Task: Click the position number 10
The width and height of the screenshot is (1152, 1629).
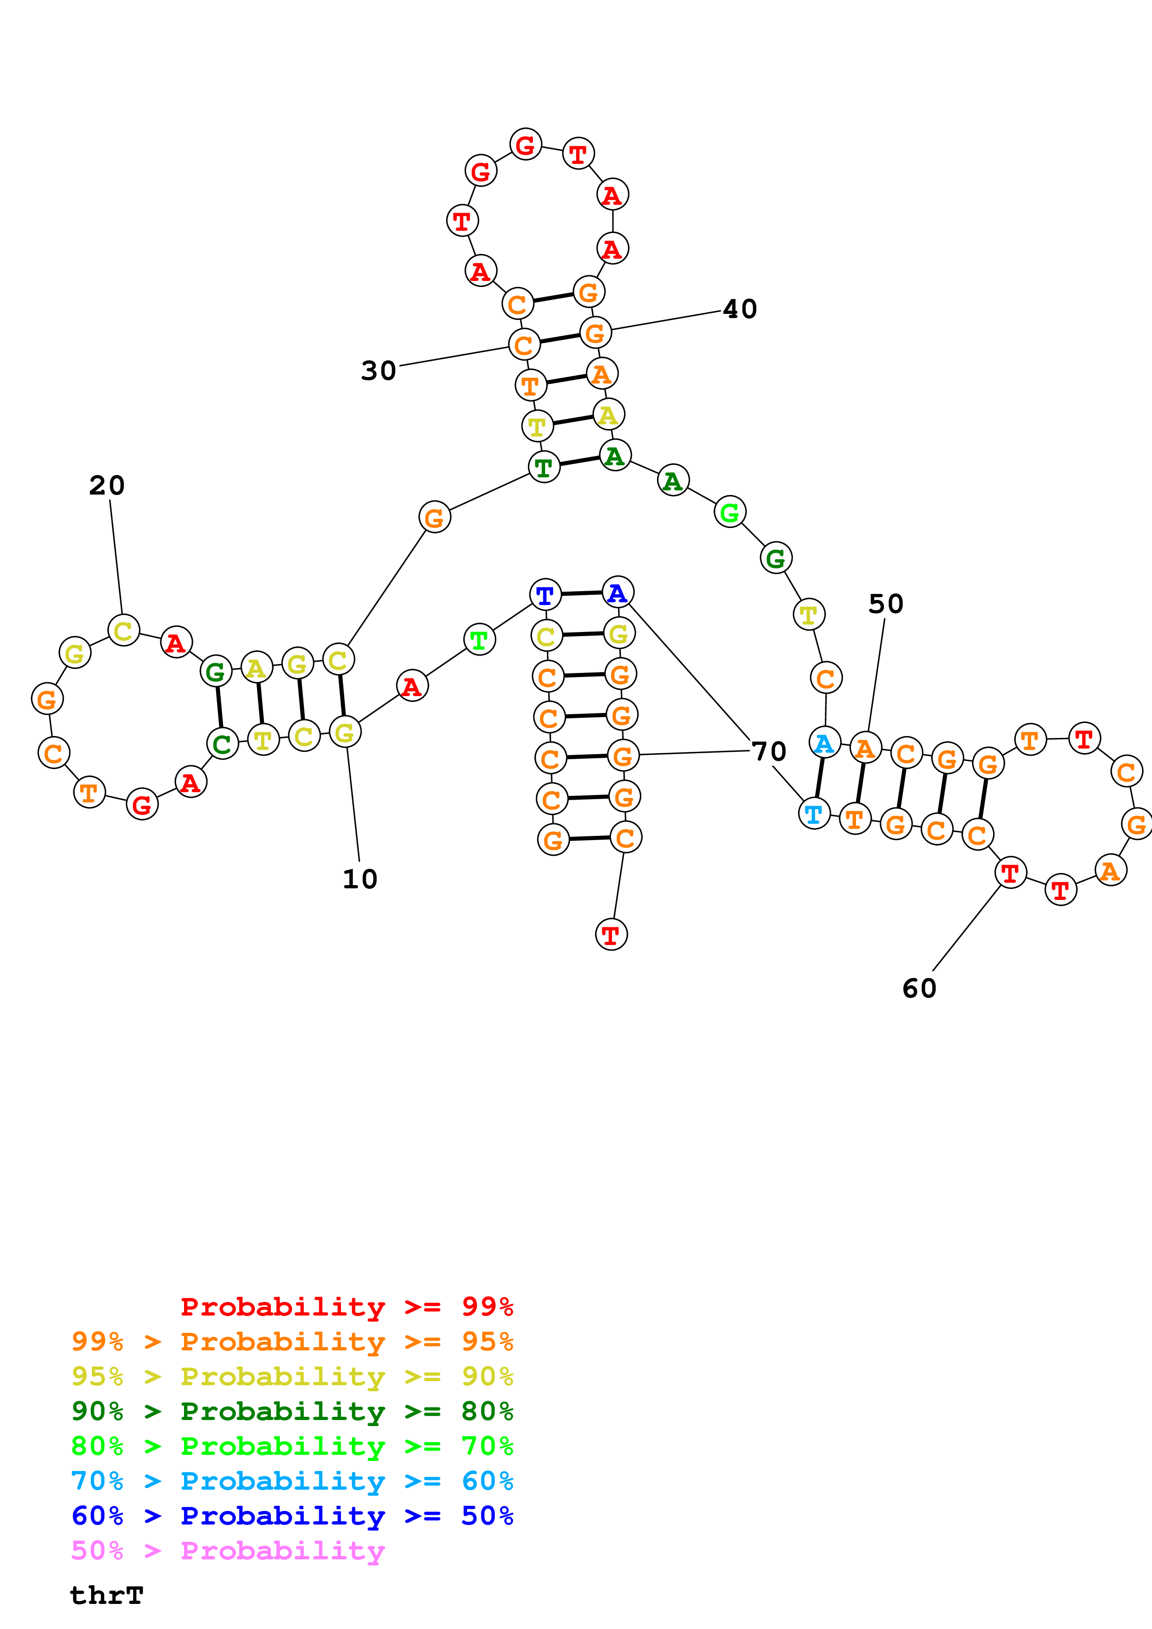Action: coord(360,879)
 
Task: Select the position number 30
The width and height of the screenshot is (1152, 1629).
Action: coord(378,371)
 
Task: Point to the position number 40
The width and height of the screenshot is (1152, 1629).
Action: coord(740,309)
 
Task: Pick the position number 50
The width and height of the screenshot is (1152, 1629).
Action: coord(886,604)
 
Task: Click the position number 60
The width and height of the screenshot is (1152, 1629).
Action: coord(919,988)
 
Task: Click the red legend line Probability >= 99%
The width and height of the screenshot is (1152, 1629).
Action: coord(346,1307)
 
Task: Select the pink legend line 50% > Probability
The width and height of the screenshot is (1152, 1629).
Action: coord(228,1551)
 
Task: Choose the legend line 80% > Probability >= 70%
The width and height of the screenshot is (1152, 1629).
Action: coord(292,1446)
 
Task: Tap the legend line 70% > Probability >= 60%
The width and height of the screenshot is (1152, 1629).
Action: coord(292,1481)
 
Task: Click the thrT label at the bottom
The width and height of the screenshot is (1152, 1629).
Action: coord(106,1596)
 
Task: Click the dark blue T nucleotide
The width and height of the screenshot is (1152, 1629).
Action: coord(545,594)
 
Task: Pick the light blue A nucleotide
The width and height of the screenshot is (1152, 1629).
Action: coord(824,743)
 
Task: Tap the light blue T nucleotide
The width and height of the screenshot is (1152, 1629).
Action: coord(814,813)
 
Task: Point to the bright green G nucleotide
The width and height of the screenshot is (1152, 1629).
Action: coord(730,512)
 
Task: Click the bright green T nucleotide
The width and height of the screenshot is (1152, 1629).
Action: coord(479,640)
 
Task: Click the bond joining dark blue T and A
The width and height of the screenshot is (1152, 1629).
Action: coord(581,593)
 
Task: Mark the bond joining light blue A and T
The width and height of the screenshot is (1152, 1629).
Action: coord(819,778)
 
